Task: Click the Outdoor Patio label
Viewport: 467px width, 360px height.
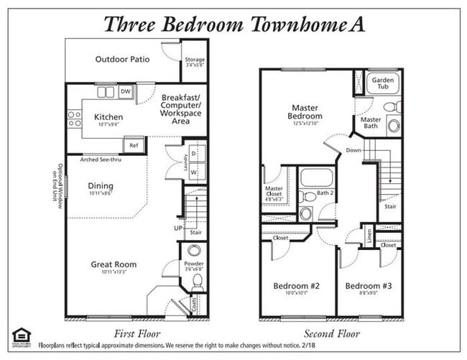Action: click(122, 59)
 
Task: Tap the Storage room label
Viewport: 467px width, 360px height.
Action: click(195, 60)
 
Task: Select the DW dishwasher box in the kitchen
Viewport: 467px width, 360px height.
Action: click(126, 91)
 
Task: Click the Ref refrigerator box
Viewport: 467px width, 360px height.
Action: click(134, 145)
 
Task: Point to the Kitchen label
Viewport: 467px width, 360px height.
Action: click(108, 117)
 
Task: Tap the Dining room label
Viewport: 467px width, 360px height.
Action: click(101, 186)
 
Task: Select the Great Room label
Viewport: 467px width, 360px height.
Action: click(114, 264)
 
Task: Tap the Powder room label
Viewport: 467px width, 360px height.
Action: click(194, 264)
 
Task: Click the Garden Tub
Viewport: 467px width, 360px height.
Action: click(382, 83)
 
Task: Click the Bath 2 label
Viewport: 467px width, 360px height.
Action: click(325, 193)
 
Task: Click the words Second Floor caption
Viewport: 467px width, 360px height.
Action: click(331, 333)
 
